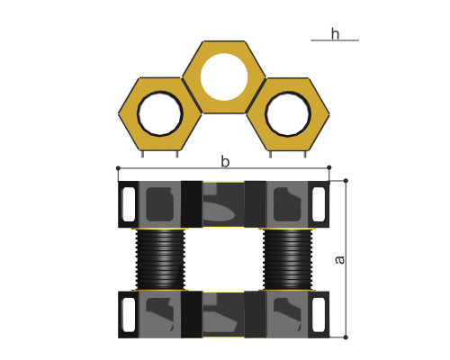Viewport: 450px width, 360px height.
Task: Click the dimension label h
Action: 335,33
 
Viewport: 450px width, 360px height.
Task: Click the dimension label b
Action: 225,161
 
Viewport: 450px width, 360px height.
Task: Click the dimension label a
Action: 339,259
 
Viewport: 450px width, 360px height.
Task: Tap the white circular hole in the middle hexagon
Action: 224,76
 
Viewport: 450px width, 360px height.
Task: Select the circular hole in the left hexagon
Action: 160,113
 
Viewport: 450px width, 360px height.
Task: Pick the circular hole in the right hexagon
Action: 288,113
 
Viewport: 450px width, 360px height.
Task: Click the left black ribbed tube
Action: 160,259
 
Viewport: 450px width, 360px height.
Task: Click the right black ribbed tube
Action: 288,259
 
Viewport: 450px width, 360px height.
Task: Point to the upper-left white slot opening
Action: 129,204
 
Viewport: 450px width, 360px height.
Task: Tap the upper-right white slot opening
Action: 319,204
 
